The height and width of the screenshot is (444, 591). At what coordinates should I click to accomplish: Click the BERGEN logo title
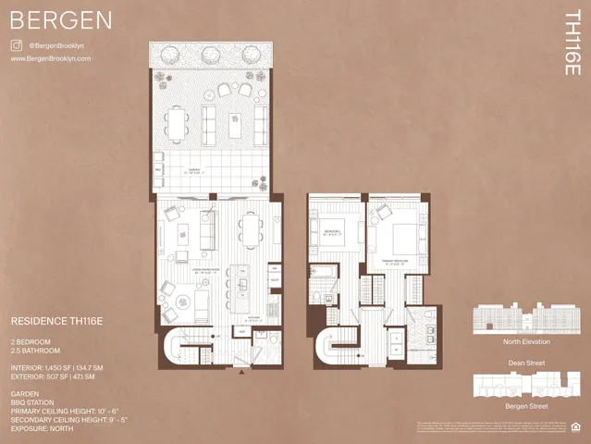[x=61, y=19]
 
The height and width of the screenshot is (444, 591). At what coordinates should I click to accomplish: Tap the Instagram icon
[x=16, y=44]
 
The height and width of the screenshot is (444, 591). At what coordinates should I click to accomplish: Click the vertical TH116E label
[x=573, y=43]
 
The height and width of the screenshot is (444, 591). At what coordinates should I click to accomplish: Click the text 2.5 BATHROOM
[x=34, y=351]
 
